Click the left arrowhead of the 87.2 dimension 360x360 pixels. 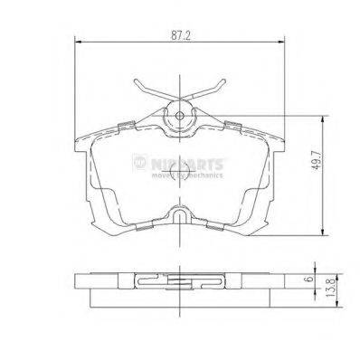coord(76,42)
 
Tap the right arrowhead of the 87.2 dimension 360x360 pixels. coord(284,42)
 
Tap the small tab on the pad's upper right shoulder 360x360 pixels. coord(232,125)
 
